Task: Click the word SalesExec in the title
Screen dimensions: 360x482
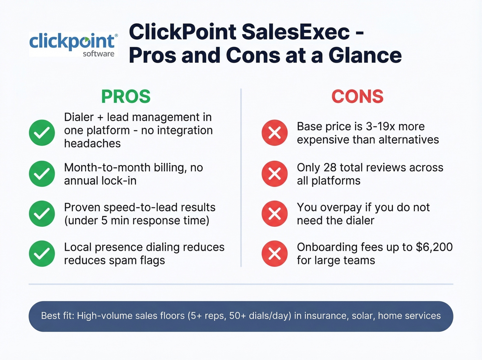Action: point(296,32)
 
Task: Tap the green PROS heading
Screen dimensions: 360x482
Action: point(126,96)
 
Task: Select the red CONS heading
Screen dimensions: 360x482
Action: point(357,96)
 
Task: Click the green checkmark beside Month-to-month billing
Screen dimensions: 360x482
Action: point(42,174)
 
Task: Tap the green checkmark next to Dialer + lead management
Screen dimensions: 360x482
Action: point(42,133)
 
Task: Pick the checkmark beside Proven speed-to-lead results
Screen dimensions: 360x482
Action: point(42,214)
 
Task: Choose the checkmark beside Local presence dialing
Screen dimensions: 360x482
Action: point(42,254)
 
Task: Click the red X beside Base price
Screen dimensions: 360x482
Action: point(274,133)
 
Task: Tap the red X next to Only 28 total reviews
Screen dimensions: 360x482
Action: point(274,174)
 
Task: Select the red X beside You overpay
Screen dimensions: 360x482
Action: point(274,214)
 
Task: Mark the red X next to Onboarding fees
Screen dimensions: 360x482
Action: point(274,254)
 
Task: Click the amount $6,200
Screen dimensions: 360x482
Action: point(434,247)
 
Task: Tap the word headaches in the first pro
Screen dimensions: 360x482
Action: point(92,143)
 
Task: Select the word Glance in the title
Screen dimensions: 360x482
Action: point(365,55)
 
